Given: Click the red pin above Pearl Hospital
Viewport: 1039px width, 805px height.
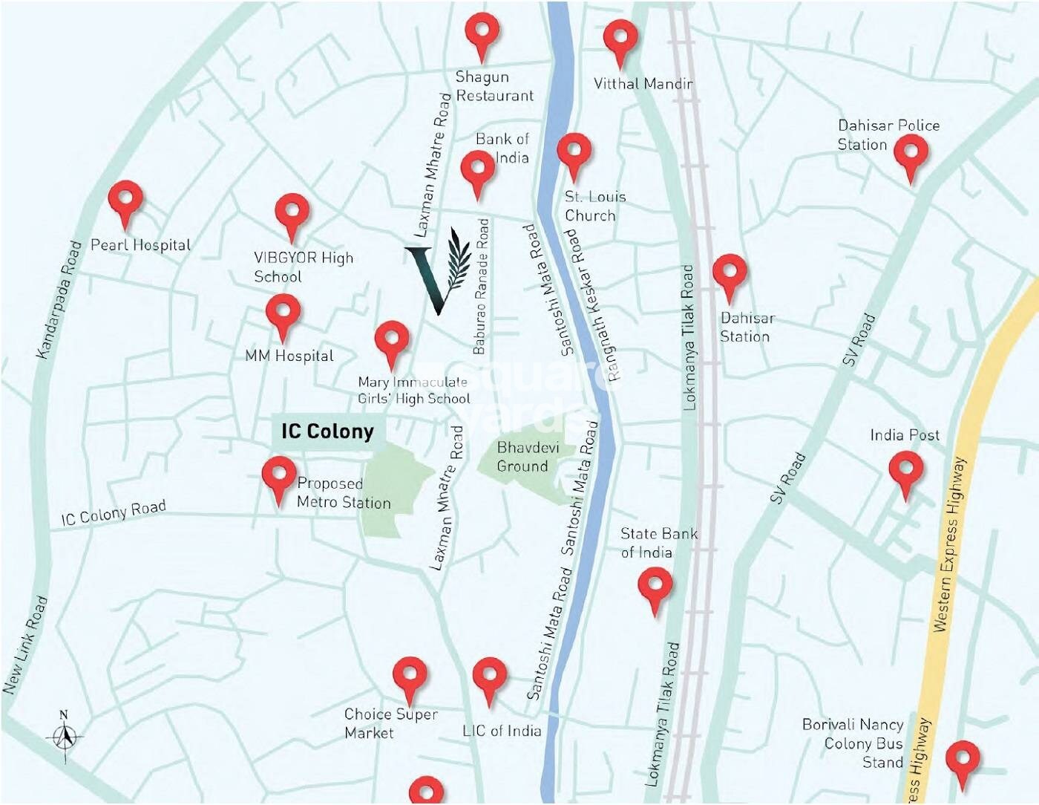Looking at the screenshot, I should (x=125, y=201).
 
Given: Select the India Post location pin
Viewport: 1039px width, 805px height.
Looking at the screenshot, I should (x=905, y=472).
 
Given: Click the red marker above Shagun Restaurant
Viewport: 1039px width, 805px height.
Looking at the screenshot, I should (x=482, y=33).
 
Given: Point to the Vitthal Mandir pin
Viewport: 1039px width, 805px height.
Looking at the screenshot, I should (x=620, y=40).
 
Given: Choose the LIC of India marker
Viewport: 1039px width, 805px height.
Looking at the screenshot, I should (x=490, y=677).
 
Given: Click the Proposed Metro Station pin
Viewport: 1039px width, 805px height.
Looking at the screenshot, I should (x=279, y=477).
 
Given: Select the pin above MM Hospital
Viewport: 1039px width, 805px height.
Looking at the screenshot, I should (x=283, y=314).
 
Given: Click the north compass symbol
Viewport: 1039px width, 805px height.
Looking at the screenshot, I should (x=65, y=736).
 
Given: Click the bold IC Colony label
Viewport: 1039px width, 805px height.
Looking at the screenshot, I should (x=327, y=431).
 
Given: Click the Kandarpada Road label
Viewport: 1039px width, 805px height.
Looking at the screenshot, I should (x=59, y=299).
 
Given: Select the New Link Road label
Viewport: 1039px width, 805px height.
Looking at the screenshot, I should (x=25, y=645).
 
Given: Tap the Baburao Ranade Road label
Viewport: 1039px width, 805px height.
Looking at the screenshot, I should (x=481, y=286).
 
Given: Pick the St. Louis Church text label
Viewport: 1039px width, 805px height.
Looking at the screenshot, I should (x=594, y=206).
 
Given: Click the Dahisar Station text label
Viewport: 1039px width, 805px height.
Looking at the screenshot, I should (x=747, y=327).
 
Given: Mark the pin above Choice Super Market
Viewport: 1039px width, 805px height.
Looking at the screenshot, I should (x=410, y=677).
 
